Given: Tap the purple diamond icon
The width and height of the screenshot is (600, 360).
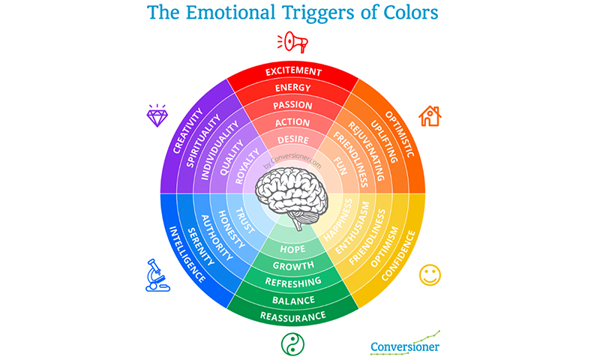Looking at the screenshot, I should click(x=157, y=115).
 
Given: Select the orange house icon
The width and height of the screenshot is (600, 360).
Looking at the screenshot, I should click(x=430, y=115).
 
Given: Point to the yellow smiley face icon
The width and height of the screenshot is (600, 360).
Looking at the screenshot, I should click(x=430, y=274).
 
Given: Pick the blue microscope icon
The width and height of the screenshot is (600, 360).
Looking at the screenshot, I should click(x=155, y=274).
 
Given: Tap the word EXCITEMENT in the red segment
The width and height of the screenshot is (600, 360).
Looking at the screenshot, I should click(x=292, y=72).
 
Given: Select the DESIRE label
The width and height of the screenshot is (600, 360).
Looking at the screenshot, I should click(x=292, y=139).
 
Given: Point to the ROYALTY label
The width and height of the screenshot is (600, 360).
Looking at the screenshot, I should click(x=247, y=167).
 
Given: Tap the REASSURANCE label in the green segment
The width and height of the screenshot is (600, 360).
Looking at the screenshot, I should click(x=292, y=316).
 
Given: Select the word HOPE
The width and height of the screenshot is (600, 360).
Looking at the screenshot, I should click(x=292, y=248).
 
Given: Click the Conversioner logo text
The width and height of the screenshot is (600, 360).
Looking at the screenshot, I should click(x=405, y=346).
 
